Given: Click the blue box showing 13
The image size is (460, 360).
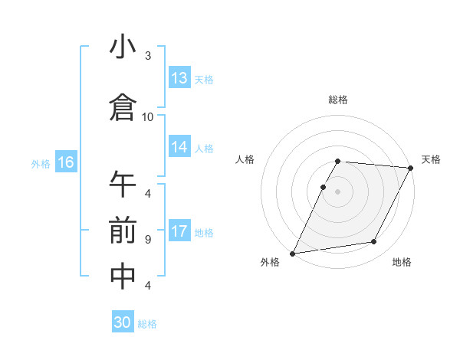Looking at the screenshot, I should tap(179, 77).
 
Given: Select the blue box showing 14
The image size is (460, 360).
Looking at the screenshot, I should tap(179, 147).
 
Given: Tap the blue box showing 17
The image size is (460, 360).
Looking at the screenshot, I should tap(179, 231).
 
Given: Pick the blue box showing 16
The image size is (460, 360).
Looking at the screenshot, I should tap(65, 162).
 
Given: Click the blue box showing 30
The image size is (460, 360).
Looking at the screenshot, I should tap(123, 322).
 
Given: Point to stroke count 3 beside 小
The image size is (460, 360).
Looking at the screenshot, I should tap(148, 56).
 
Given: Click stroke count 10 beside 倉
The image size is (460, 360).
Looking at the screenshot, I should tap(148, 116).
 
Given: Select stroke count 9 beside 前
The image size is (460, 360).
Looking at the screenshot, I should tap(148, 239).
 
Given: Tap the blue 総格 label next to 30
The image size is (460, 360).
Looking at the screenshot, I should tap(147, 324).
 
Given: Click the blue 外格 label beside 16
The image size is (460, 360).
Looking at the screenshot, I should tap(41, 163).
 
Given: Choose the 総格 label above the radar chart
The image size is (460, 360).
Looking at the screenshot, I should tap(338, 100).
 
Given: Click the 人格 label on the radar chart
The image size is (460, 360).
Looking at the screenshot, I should tap(245, 159).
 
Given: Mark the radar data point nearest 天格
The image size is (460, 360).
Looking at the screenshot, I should tap(411, 168).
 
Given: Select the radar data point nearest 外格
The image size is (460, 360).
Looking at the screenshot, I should tap(292, 253).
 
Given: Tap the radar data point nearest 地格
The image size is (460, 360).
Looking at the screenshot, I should tap(374, 242).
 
